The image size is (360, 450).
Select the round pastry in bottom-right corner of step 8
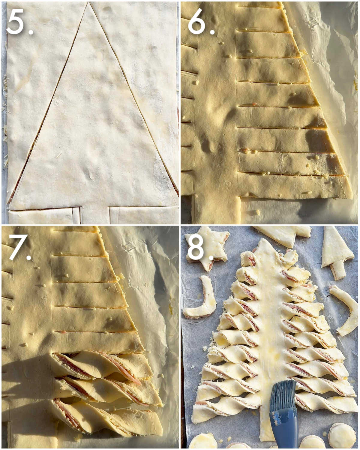342,436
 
